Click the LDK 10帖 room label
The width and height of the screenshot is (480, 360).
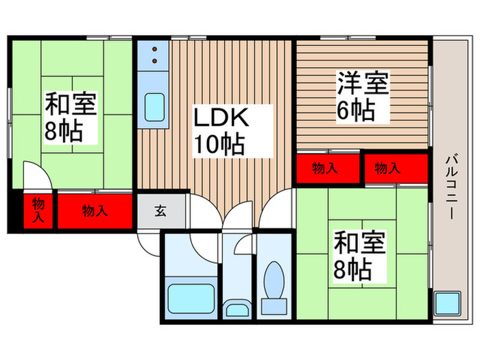(x=219, y=130)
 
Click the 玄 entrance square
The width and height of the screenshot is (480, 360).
(x=160, y=211)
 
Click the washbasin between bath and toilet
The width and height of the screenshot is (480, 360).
(x=237, y=309)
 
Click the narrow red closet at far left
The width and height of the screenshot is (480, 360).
(x=38, y=211)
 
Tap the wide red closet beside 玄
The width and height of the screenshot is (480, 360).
(x=95, y=211)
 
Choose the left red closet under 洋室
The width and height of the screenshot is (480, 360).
(x=328, y=169)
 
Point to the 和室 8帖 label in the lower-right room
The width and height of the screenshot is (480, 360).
(x=359, y=256)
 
